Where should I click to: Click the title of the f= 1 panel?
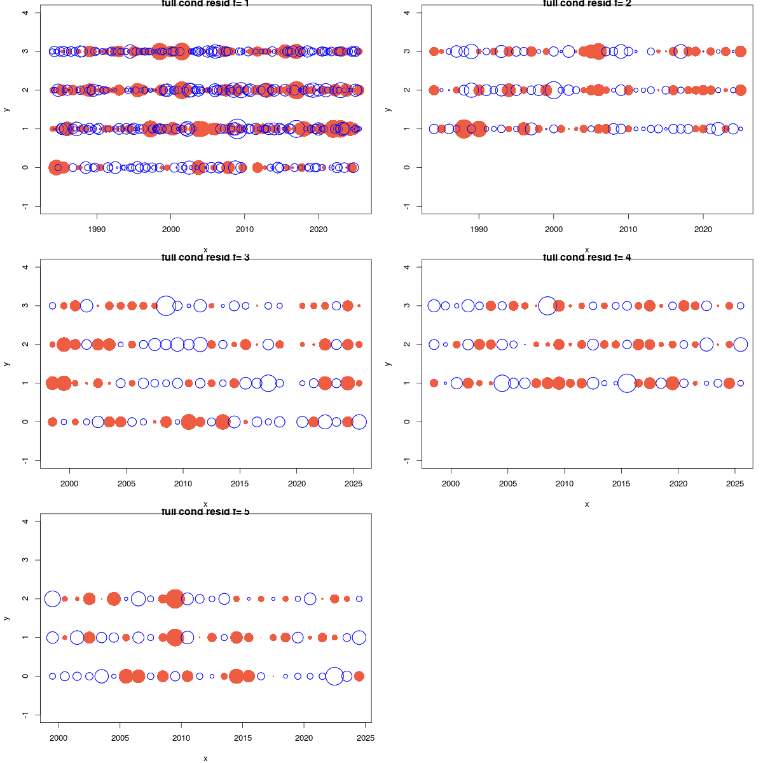[205, 4]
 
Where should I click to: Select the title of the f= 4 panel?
[587, 258]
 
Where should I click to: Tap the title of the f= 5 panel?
[205, 512]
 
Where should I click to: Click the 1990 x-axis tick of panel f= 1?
[97, 229]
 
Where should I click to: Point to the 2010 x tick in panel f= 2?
[628, 229]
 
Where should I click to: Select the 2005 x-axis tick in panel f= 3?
[127, 483]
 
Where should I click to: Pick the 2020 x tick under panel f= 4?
[678, 483]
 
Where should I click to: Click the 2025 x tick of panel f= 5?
[366, 738]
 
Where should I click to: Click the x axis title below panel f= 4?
[587, 504]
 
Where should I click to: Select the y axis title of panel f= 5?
[6, 618]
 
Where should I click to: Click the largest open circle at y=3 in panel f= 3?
[166, 306]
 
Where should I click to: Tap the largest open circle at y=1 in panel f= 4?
[627, 383]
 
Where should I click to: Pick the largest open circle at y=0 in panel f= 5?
[334, 676]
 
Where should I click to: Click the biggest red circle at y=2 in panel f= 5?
[175, 598]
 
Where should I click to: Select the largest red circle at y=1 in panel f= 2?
[464, 128]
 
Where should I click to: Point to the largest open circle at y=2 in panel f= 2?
[553, 90]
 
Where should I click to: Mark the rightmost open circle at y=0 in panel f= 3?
[359, 422]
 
